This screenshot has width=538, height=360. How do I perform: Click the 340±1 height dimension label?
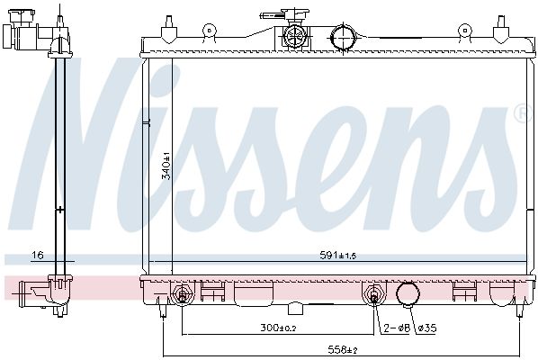166,166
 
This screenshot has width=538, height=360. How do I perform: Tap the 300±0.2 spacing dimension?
278,328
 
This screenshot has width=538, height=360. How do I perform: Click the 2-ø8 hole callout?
397,328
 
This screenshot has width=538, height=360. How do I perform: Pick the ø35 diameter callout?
427,328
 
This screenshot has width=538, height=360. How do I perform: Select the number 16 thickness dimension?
38,255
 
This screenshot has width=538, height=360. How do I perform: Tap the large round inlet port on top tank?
343,38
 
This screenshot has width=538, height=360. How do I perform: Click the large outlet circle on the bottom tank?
408,294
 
